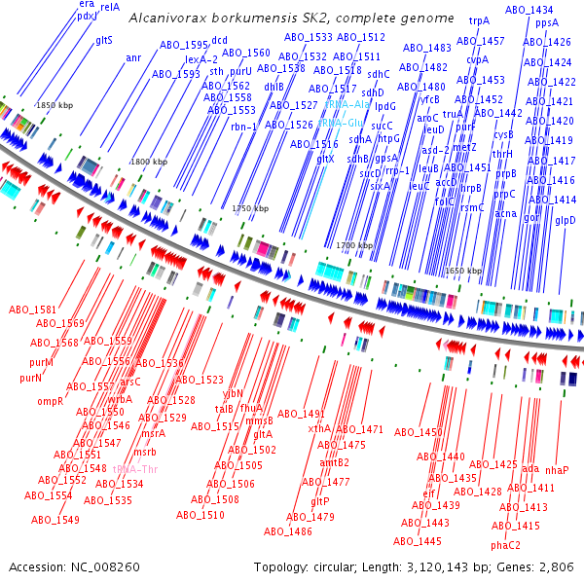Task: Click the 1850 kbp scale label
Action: click(55, 105)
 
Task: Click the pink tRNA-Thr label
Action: click(133, 468)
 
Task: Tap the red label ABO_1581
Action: click(33, 310)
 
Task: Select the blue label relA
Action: click(110, 7)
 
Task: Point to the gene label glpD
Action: click(566, 220)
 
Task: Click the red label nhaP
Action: click(557, 470)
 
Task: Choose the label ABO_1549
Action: click(55, 521)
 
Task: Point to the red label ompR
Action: click(51, 401)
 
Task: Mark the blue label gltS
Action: click(104, 40)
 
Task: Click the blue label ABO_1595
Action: click(181, 46)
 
